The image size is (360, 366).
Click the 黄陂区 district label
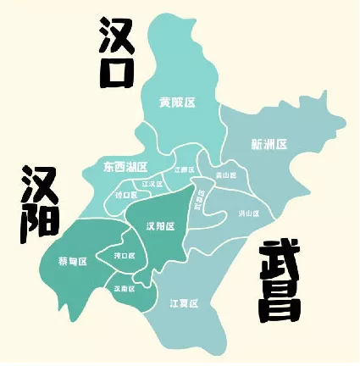[x=177, y=103]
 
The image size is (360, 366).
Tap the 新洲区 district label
[x=269, y=144]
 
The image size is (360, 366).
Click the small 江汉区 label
[x=152, y=183]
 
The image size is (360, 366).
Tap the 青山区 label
[x=224, y=175]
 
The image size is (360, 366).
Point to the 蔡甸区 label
[x=73, y=261]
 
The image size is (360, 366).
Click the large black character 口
[x=118, y=70]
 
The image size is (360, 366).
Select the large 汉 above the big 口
[x=117, y=34]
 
